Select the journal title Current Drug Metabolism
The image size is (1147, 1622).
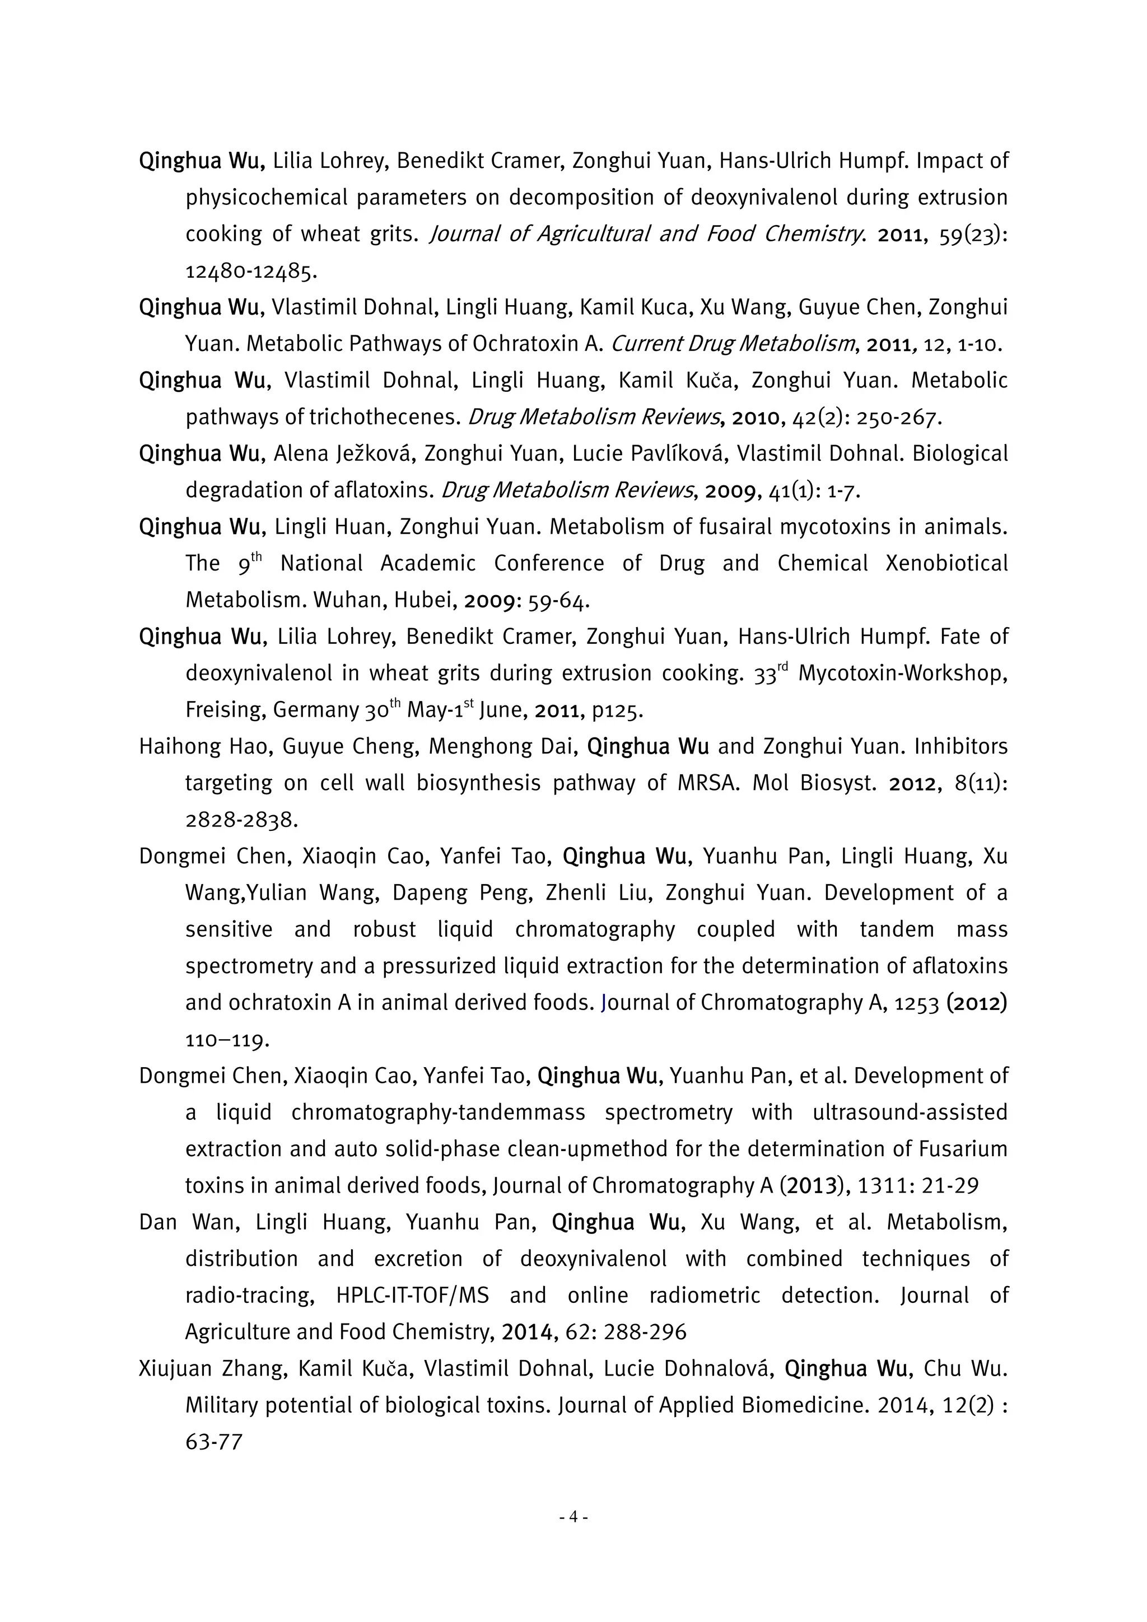732,344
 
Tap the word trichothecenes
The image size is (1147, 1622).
384,418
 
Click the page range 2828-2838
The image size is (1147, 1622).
240,820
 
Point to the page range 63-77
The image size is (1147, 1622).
213,1442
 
